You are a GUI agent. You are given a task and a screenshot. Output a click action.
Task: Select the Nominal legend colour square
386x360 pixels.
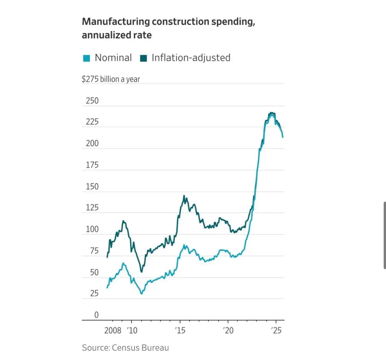pos(86,58)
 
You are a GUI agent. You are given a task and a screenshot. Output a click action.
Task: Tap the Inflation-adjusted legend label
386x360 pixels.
pos(191,58)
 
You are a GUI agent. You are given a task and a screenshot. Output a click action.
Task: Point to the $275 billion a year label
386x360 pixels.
pos(111,80)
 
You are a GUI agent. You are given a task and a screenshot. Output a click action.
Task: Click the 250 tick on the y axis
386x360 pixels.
pos(91,101)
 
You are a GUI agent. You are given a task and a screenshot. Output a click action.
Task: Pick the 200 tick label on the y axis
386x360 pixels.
pos(91,144)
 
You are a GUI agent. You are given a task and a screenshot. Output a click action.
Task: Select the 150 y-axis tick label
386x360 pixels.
pos(91,187)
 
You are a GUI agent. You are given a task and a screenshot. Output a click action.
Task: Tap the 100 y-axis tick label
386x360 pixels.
pos(91,229)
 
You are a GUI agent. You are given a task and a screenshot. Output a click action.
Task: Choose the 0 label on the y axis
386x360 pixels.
pos(96,315)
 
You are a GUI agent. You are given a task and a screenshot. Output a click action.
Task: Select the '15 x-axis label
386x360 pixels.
pos(180,331)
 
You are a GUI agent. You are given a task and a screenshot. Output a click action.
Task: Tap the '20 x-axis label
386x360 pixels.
pos(228,331)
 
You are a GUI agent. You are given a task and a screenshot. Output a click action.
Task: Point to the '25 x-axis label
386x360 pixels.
pos(276,331)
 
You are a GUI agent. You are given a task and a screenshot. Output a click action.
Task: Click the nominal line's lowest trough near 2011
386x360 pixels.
pos(141,294)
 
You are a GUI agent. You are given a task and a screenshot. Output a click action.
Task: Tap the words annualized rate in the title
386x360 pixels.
pos(117,35)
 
